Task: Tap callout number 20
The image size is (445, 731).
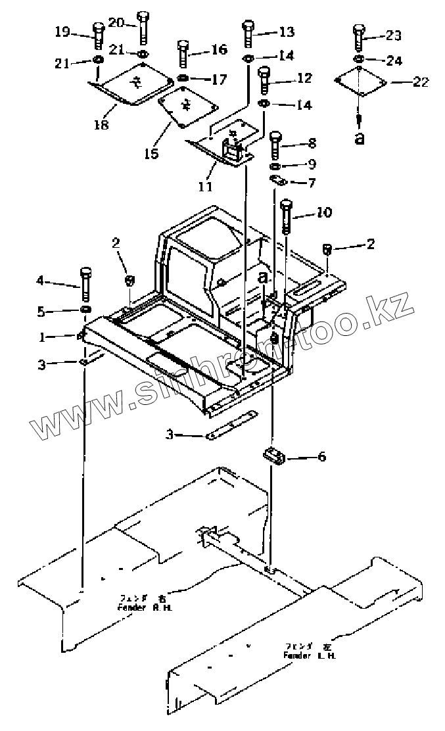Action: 116,22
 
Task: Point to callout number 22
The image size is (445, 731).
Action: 420,82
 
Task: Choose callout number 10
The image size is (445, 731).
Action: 324,213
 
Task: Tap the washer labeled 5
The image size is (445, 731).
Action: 86,309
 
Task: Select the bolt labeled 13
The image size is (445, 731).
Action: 248,33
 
